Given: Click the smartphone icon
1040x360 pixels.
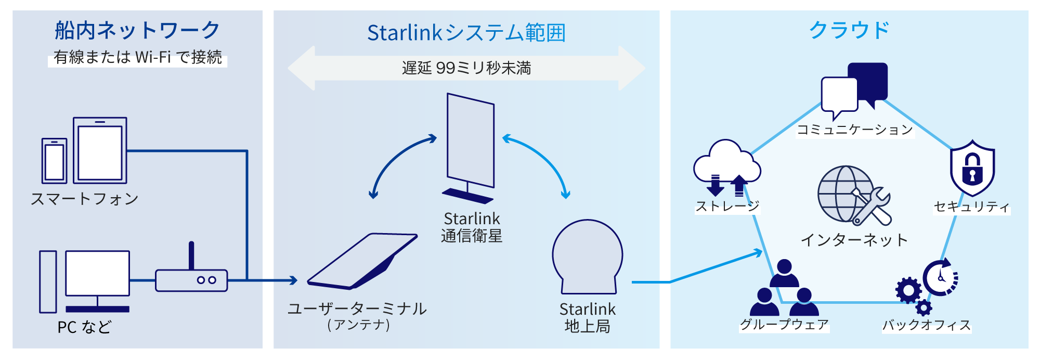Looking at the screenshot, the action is point(55,161).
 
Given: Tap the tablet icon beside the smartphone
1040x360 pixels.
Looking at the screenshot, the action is point(100,150).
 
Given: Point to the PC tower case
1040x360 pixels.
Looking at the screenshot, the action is point(48,281).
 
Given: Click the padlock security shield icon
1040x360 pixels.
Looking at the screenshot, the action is point(972,168).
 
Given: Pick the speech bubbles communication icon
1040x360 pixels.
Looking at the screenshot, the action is point(854,91).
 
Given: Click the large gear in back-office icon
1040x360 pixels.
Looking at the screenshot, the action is point(908,290).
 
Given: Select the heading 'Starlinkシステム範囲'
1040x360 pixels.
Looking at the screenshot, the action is point(466,33).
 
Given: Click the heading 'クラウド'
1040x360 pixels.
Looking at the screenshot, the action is point(849,30).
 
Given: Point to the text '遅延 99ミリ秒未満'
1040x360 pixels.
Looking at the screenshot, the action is point(466,68).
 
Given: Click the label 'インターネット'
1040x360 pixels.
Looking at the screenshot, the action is point(854,240).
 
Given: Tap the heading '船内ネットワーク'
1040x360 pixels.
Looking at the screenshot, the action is point(137,30).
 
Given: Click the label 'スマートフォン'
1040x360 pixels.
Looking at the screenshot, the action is point(85,199).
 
